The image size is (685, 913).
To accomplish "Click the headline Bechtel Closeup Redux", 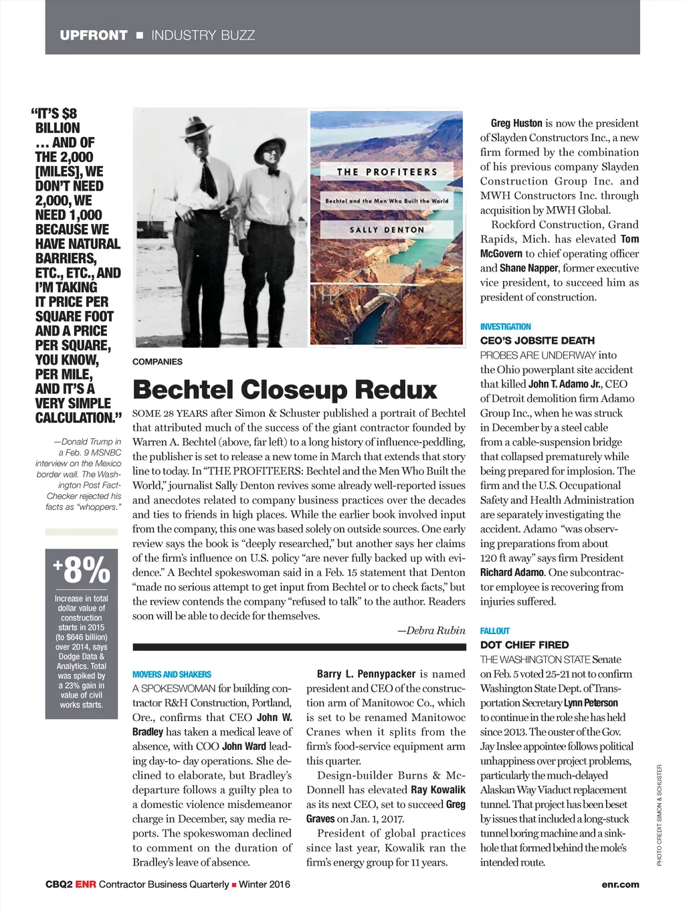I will (285, 389).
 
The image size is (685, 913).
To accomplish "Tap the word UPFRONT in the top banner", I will (93, 35).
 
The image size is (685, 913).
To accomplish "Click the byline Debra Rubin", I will (431, 630).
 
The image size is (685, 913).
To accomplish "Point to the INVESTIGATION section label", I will (505, 326).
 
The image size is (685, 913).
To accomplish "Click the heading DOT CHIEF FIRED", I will (524, 645).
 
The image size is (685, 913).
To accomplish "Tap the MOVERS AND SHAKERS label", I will (171, 674).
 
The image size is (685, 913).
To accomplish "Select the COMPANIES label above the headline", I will (157, 362).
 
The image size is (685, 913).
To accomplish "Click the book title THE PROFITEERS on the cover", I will (387, 172).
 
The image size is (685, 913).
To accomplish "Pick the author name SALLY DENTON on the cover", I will (387, 229).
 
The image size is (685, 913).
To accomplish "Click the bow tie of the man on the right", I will (273, 172).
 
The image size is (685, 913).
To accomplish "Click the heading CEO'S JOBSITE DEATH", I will (537, 340).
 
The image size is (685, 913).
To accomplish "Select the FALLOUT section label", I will (494, 631).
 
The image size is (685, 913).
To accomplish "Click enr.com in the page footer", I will (620, 884).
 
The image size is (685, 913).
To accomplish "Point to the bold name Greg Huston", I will (516, 123).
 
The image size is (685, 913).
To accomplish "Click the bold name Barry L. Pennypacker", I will (366, 674).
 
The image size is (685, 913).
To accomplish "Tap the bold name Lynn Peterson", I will (591, 703).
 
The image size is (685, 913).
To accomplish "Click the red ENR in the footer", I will (86, 884).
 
